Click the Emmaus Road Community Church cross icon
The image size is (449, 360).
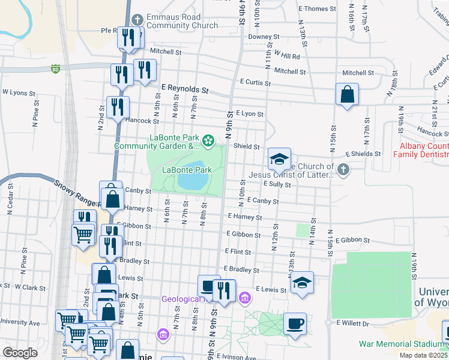[137, 20]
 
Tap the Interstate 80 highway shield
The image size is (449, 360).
[55, 68]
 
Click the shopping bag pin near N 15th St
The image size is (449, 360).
[347, 94]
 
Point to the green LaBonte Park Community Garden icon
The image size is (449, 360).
[208, 141]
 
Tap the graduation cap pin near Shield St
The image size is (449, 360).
[279, 159]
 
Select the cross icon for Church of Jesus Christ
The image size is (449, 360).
[343, 170]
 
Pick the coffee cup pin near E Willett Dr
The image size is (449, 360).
[295, 324]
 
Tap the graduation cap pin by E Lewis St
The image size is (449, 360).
[302, 282]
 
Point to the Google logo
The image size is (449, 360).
[20, 352]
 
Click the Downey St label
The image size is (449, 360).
[264, 37]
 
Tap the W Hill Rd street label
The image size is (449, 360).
[287, 55]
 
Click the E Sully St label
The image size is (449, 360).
[276, 185]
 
